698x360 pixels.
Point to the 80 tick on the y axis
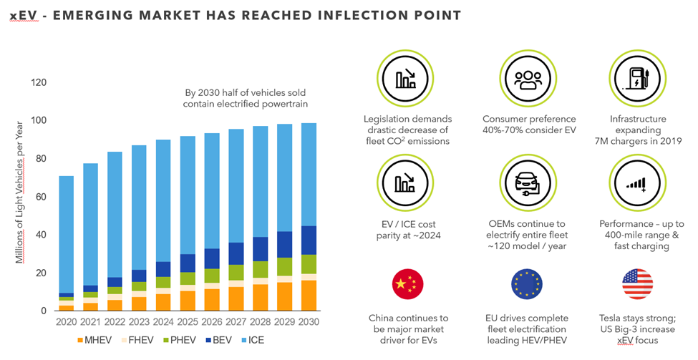(x=39, y=159)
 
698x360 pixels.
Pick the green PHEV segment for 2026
(x=212, y=276)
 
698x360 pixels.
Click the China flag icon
(x=409, y=284)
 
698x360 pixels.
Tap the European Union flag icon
(x=528, y=284)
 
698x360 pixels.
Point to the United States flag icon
(x=637, y=284)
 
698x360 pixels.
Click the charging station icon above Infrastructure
(x=638, y=79)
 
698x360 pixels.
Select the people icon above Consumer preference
(x=528, y=79)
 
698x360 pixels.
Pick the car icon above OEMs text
(x=528, y=184)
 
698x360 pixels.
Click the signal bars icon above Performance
(x=638, y=184)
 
